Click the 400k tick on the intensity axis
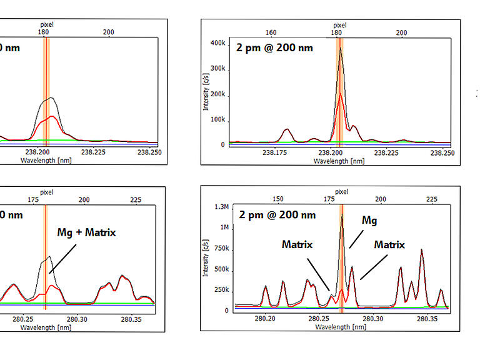pyautogui.click(x=217, y=43)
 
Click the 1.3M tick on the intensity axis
pyautogui.click(x=220, y=207)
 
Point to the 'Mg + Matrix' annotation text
pyautogui.click(x=87, y=232)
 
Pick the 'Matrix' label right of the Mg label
pyautogui.click(x=389, y=245)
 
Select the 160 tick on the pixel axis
pyautogui.click(x=271, y=32)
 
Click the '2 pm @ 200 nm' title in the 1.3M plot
pyautogui.click(x=277, y=214)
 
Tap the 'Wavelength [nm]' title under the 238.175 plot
pyautogui.click(x=339, y=161)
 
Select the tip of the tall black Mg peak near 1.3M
pyautogui.click(x=342, y=216)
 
